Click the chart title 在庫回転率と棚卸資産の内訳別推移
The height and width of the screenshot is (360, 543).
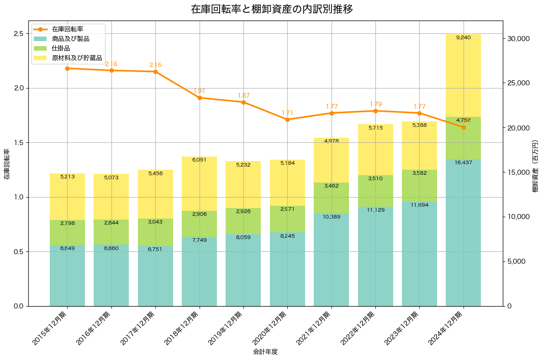pos(271,9)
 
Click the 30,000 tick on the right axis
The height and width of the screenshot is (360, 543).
pos(518,38)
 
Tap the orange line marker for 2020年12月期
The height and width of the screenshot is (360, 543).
pos(287,120)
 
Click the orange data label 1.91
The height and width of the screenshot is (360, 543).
pos(200,91)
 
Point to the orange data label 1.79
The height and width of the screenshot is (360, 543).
pos(375,104)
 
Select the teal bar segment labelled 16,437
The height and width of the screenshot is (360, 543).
pos(463,233)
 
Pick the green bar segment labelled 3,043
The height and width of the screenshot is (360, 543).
pos(155,232)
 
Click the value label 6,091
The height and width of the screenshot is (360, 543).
pos(199,160)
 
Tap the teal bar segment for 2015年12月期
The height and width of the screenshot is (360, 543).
pos(67,276)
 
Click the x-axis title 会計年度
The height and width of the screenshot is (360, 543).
pos(265,352)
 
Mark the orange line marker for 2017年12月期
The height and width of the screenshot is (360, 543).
pos(155,72)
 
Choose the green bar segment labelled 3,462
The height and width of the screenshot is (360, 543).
pos(331,198)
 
